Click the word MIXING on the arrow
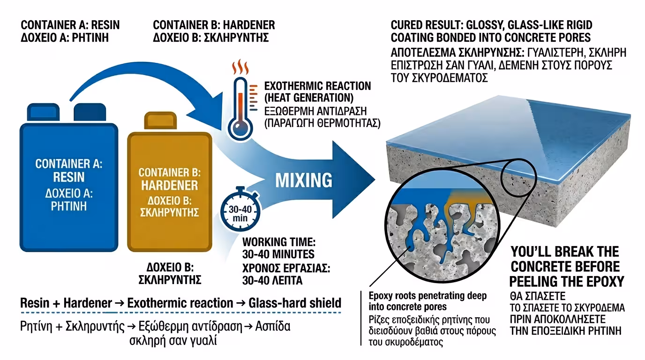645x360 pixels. coord(304,180)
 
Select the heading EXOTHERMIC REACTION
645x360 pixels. coord(317,86)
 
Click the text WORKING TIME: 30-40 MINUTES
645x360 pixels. coord(278,248)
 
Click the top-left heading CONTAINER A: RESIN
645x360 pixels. coord(70,25)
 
